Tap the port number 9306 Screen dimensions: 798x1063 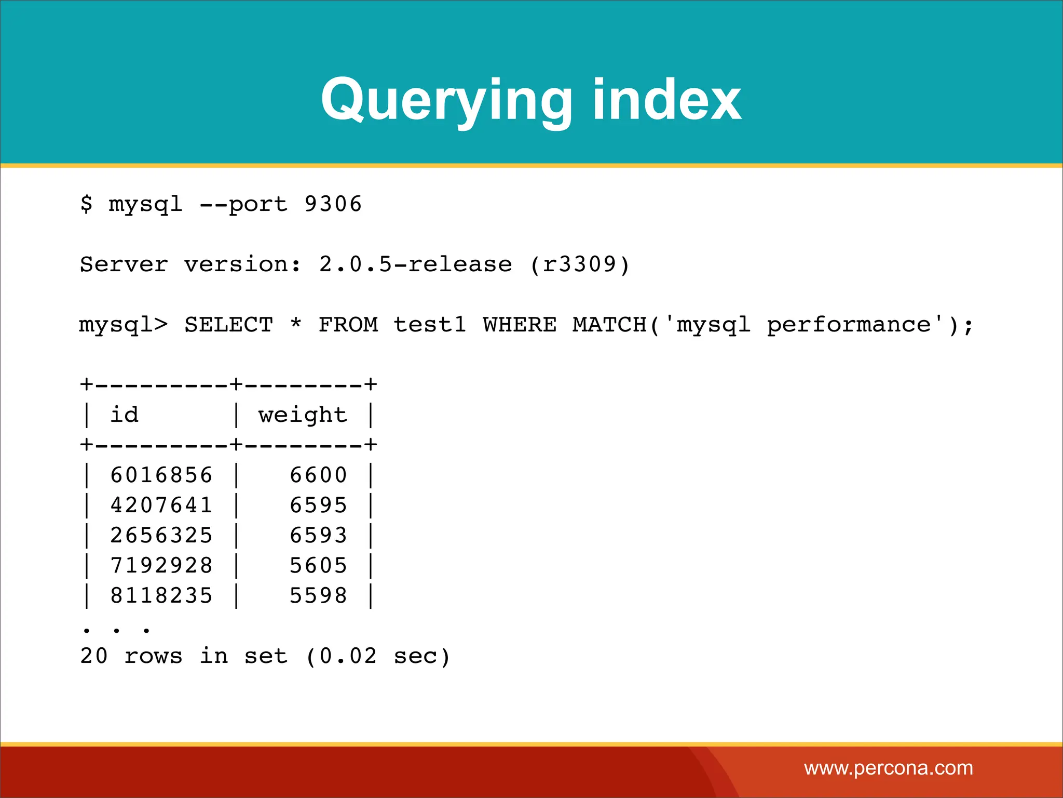click(333, 204)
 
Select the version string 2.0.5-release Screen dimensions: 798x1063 click(415, 264)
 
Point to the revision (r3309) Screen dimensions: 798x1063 click(580, 264)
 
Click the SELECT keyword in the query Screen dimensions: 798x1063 click(229, 325)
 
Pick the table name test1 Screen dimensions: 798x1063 click(430, 325)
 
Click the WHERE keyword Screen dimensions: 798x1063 click(520, 325)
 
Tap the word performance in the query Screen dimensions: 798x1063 click(849, 325)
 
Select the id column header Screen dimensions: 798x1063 click(125, 415)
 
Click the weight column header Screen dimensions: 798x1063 click(303, 415)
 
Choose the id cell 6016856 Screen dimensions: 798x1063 click(161, 475)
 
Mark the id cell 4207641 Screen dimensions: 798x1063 click(161, 506)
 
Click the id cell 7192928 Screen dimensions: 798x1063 click(161, 566)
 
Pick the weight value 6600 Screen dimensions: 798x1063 click(318, 475)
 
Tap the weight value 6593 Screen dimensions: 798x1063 click(318, 536)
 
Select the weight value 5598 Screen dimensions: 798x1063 click(318, 596)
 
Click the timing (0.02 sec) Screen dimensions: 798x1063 click(378, 656)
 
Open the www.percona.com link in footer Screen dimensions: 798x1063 click(888, 768)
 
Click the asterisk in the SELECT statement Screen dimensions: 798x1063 click(296, 323)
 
